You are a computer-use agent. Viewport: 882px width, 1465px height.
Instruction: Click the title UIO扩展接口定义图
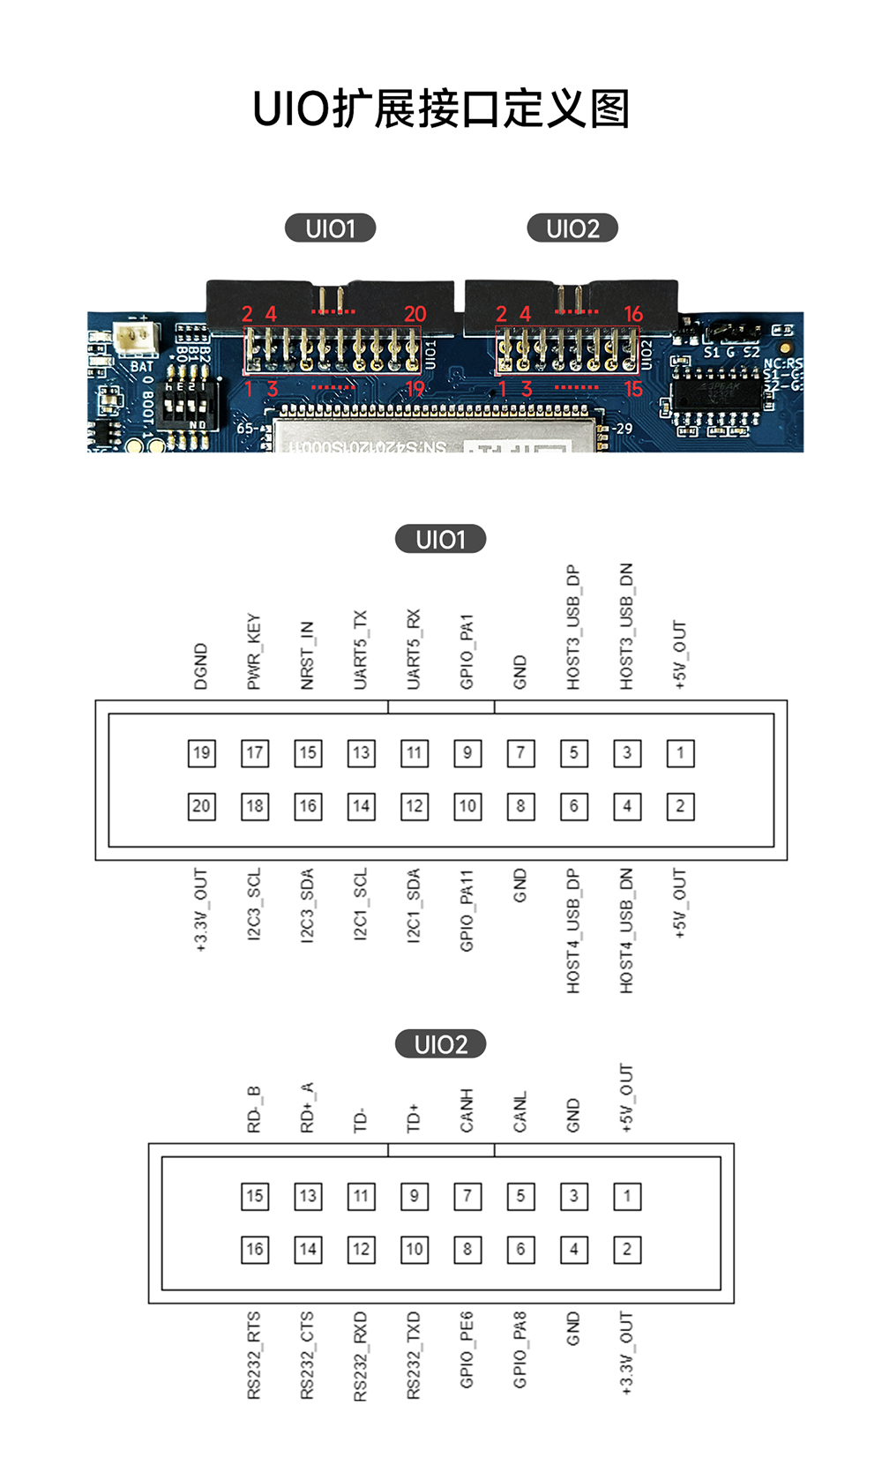441,109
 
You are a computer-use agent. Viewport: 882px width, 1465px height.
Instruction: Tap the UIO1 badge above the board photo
330,228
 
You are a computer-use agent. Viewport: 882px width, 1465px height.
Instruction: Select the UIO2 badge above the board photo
572,228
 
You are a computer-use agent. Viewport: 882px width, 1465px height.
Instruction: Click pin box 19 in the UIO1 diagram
201,753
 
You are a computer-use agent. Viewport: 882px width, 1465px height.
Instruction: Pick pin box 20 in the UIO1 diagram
201,806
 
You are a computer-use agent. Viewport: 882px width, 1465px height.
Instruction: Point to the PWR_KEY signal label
254,652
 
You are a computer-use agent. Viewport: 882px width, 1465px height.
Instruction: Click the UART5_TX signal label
361,650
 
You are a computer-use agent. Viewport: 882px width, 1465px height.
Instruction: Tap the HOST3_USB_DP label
573,627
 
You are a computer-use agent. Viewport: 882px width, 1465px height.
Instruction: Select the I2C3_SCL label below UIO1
254,905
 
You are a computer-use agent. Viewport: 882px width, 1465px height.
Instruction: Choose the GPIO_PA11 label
467,911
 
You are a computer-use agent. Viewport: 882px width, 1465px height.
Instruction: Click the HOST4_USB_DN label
626,931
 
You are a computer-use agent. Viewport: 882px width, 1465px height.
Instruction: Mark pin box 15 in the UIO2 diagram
254,1196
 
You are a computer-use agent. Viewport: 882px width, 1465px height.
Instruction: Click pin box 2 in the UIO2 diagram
627,1249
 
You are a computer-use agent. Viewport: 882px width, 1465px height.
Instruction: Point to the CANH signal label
467,1111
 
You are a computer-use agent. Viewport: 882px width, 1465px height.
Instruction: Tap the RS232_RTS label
254,1356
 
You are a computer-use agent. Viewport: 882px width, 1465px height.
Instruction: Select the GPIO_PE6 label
467,1350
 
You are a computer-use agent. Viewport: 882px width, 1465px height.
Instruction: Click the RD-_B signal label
254,1110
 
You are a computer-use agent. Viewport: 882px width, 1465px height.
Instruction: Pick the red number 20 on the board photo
415,314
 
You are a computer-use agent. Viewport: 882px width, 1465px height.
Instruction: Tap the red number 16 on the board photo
633,314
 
